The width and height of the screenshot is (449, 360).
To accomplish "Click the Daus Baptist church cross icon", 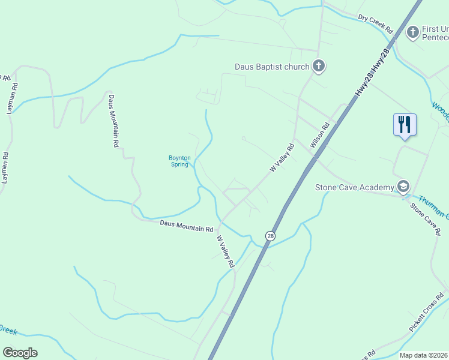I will tap(318, 67).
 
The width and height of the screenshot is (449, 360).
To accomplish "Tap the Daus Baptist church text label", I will tap(272, 67).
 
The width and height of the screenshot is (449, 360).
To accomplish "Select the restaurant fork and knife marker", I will tap(405, 125).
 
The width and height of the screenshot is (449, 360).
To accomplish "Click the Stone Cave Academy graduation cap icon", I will tap(403, 187).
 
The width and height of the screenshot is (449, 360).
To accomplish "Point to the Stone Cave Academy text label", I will tap(354, 187).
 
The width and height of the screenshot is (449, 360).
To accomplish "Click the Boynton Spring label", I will tap(179, 161).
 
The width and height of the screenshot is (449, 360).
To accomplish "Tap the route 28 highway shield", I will tap(271, 236).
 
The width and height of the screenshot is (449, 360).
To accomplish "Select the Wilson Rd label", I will tap(320, 136).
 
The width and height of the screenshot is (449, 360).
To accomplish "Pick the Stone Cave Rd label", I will tap(426, 219).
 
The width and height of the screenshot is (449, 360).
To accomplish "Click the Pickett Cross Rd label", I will tap(426, 313).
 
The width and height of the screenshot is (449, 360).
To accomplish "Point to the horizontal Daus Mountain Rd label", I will tap(187, 226).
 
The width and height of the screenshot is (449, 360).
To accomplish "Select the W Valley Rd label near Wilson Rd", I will tap(282, 158).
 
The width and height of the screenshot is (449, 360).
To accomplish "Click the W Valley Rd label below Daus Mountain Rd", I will tap(224, 251).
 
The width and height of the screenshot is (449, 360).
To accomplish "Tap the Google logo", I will tap(20, 353).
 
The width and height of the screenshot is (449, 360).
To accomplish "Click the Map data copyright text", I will tap(424, 355).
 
